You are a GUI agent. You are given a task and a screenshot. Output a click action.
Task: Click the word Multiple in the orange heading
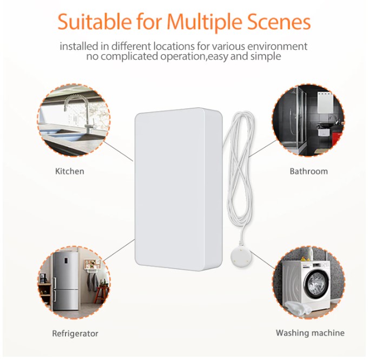(x=205, y=22)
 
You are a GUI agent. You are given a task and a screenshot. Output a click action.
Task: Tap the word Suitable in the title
(x=95, y=22)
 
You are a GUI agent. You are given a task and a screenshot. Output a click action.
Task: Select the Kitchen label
(x=70, y=171)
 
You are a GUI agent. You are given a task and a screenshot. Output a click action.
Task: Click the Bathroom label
(x=309, y=171)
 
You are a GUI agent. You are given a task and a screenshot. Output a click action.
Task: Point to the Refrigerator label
(x=75, y=333)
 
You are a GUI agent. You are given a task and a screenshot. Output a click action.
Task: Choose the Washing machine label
(x=310, y=333)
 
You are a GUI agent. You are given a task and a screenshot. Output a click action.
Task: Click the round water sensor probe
(x=241, y=258)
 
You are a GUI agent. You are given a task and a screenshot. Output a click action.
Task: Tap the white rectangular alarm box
(x=179, y=189)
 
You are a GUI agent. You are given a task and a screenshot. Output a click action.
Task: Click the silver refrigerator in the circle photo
(x=65, y=280)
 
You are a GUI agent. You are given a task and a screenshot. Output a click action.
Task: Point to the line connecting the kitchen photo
(x=118, y=151)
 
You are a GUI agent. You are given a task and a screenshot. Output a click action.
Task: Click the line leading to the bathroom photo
(x=262, y=148)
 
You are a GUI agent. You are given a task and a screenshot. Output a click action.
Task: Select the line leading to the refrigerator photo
(x=119, y=250)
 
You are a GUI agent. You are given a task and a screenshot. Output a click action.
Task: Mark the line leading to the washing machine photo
(x=263, y=260)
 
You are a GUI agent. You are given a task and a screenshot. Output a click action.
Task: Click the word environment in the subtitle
(x=277, y=46)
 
